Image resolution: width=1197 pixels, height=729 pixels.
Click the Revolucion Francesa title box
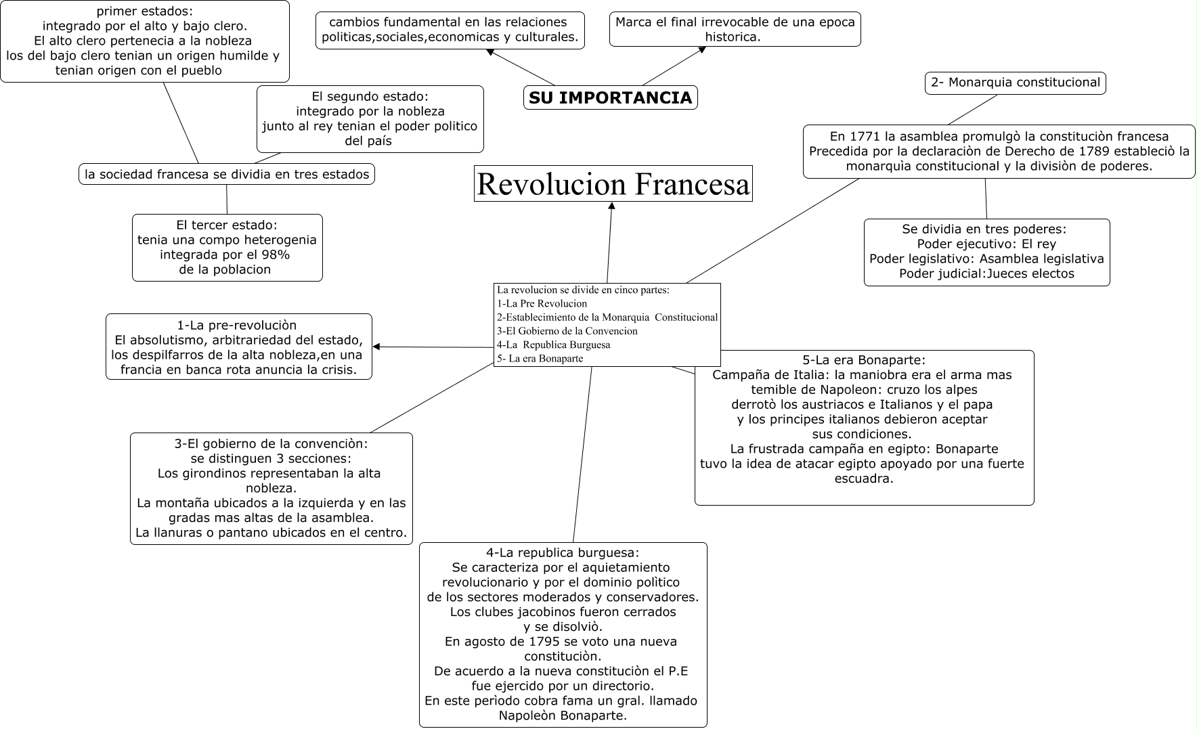coord(613,184)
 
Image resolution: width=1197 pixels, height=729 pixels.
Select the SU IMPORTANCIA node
coord(610,98)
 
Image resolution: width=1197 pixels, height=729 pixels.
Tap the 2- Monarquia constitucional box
coord(1015,83)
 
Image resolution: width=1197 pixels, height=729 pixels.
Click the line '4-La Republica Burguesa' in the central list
coord(553,345)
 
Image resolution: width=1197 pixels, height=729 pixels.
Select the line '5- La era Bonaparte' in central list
coord(540,359)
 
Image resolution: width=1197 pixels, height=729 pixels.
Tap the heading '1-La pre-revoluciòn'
coord(236,326)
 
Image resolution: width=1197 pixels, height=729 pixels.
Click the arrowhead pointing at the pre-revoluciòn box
coord(376,347)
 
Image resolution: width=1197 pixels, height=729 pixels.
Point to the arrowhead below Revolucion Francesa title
coord(611,206)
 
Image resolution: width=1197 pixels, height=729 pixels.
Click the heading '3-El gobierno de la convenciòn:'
coord(271,444)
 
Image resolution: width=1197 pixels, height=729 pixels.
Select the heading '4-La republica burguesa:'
coord(563,552)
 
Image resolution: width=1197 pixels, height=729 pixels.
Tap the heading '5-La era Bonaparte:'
coord(863,360)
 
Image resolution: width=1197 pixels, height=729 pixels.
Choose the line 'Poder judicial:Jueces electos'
coord(986,273)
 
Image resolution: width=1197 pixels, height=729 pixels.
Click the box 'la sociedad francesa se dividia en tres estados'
coord(227,174)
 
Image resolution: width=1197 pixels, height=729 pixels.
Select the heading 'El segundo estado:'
coord(370,96)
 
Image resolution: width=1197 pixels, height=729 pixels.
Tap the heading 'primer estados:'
coord(144,11)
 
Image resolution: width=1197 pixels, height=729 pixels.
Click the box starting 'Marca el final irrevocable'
coord(735,29)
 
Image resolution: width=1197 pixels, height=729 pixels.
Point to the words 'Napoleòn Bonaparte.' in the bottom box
coord(563,715)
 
